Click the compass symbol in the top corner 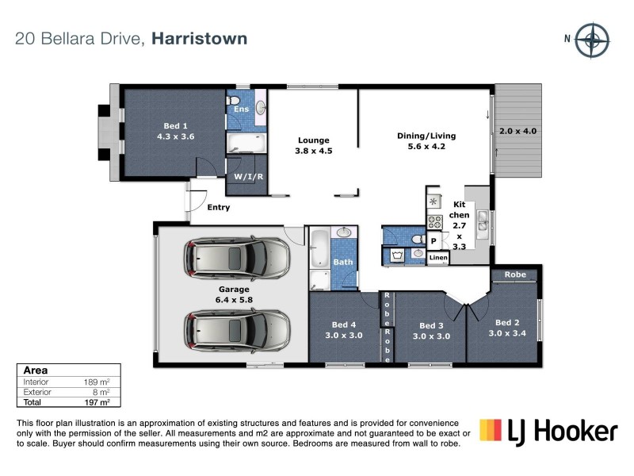[591, 40]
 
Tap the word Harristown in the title [200, 38]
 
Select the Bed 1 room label [175, 131]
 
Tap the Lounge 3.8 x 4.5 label [313, 146]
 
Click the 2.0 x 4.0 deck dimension [518, 131]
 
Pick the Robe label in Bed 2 [515, 274]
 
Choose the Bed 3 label [431, 331]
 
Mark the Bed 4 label [343, 330]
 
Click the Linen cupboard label [438, 258]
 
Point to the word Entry [218, 208]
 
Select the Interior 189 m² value [97, 382]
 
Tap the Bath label [342, 262]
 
